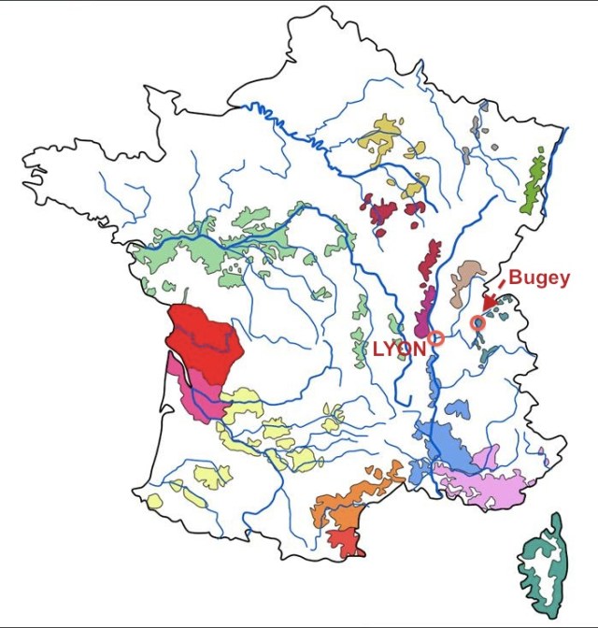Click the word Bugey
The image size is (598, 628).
point(538,279)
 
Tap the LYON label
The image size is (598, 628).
point(399,348)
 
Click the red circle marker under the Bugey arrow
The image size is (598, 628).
point(478,322)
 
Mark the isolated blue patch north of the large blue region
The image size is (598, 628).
point(458,409)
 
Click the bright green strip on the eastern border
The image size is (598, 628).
point(534,181)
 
